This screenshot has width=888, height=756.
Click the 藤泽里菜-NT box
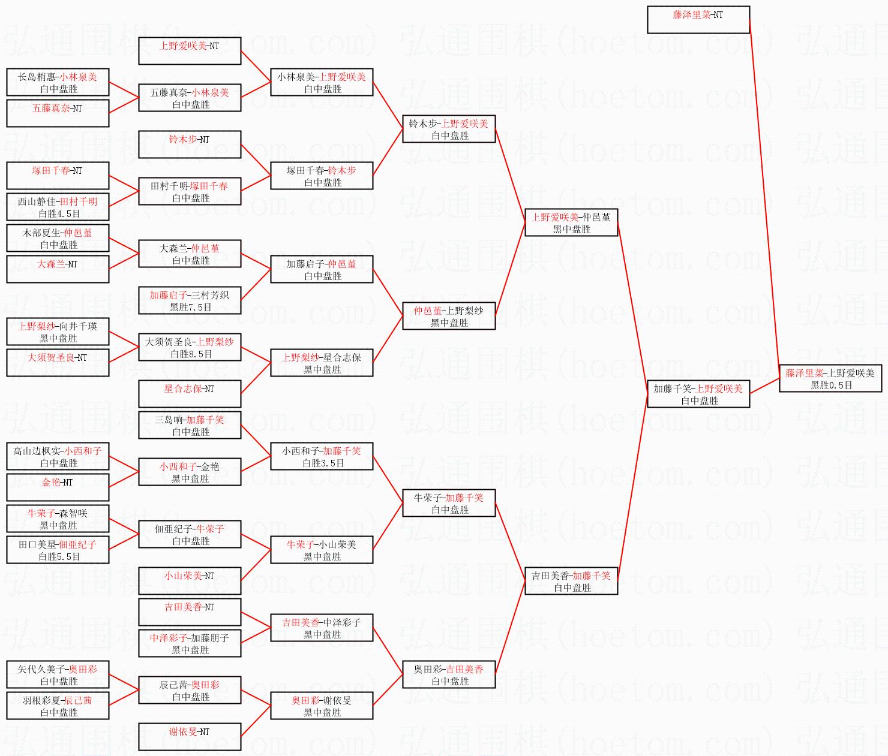click(x=698, y=20)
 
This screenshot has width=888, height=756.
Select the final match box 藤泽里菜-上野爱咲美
click(x=830, y=378)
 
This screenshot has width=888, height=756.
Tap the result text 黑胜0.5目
click(x=831, y=385)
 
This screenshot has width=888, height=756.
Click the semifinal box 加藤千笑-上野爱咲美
click(x=698, y=394)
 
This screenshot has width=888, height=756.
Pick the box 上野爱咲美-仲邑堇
click(x=571, y=222)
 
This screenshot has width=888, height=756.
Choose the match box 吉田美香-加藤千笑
click(x=571, y=581)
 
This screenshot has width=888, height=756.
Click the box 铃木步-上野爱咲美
click(x=449, y=129)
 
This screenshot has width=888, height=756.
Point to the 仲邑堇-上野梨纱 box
click(x=449, y=316)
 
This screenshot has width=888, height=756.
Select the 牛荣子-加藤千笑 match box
click(x=449, y=503)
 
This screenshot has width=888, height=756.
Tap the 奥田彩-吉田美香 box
click(x=449, y=674)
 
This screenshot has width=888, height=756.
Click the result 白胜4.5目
click(x=59, y=213)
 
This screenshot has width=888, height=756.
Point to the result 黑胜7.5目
click(x=190, y=307)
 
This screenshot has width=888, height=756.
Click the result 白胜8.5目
click(x=191, y=354)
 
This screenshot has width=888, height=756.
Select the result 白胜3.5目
click(x=323, y=463)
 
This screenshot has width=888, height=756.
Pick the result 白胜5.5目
click(x=59, y=556)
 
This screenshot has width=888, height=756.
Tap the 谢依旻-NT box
click(x=190, y=737)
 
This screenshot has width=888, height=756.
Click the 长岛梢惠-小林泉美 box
click(x=58, y=82)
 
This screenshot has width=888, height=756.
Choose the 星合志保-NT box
click(x=190, y=394)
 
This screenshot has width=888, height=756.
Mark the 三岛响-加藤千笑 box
click(x=190, y=425)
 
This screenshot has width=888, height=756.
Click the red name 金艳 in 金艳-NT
click(x=51, y=482)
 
